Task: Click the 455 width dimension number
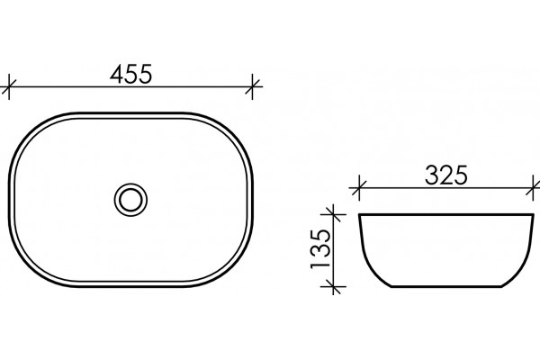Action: coord(130,74)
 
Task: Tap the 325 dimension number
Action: coord(446,175)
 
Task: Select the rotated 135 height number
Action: coord(320,249)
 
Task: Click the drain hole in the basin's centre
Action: coord(130,200)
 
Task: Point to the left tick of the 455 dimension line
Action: coord(9,86)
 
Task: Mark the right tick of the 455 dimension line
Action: coord(253,86)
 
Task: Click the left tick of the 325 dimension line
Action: coord(359,188)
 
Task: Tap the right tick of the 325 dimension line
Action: coord(534,188)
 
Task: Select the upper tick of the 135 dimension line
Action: coord(333,214)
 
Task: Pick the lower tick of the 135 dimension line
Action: coord(333,286)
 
